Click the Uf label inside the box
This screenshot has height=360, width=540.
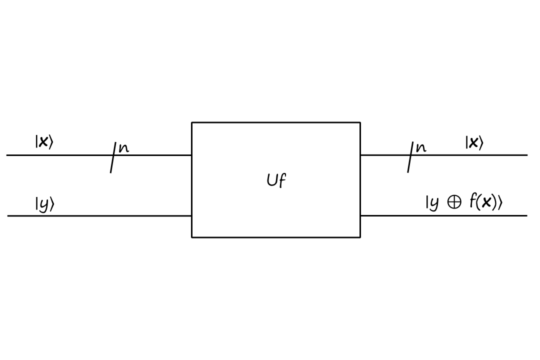coord(276,180)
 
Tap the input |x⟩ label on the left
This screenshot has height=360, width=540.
coord(43,142)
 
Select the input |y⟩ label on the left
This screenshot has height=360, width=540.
coord(44,204)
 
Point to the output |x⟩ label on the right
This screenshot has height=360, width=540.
coord(474,143)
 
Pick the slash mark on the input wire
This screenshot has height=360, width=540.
coord(113,157)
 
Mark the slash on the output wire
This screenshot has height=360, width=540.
coord(410,156)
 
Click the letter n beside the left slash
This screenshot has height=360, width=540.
coord(123,148)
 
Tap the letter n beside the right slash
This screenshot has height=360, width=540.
coord(421,148)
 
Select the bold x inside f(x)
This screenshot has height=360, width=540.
coord(484,203)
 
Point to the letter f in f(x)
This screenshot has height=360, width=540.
coord(472,201)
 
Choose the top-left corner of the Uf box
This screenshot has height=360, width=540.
coord(192,122)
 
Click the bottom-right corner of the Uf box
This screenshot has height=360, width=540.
coord(360,237)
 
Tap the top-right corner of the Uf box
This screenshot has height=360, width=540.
coord(360,122)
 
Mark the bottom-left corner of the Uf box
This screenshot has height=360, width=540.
coord(192,237)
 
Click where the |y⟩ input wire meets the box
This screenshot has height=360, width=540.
coord(192,216)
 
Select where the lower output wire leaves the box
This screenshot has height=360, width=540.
coord(360,215)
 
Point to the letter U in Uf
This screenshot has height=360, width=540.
coord(272,180)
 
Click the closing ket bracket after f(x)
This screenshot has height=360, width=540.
coord(499,203)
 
